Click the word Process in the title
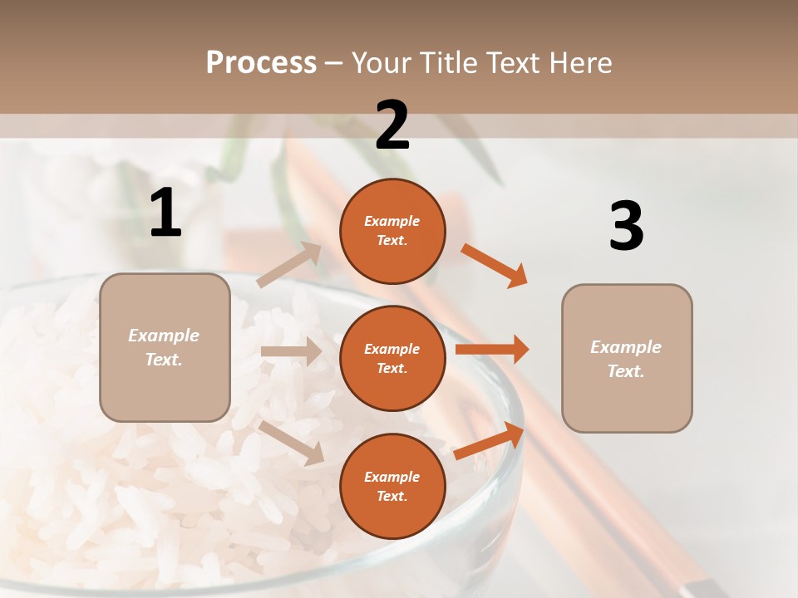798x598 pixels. click(x=261, y=63)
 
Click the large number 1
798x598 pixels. click(x=165, y=213)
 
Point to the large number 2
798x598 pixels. click(x=392, y=125)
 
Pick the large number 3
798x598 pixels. click(x=626, y=226)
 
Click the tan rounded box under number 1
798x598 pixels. click(x=165, y=347)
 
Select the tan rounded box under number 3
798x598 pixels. click(x=627, y=359)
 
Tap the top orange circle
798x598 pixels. click(x=392, y=231)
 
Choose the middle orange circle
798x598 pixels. click(x=392, y=359)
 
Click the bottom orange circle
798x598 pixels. click(x=392, y=487)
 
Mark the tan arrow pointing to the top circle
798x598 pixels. click(x=289, y=264)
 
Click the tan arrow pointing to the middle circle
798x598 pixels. click(x=291, y=351)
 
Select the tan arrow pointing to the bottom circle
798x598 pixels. click(x=291, y=442)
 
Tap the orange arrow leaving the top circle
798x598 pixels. click(x=495, y=266)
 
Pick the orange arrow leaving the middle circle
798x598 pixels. click(x=492, y=349)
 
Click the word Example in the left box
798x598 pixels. click(x=164, y=336)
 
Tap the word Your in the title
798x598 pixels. click(x=382, y=63)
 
